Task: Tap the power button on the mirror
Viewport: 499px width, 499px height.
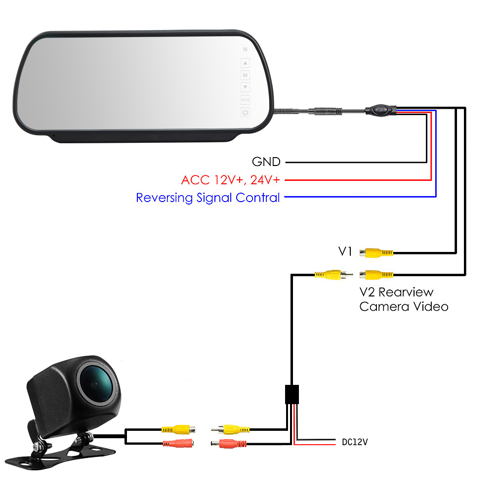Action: (245, 112)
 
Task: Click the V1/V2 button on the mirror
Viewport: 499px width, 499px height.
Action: (245, 100)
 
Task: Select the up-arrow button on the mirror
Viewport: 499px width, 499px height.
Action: (245, 63)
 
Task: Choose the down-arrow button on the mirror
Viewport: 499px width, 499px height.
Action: (245, 87)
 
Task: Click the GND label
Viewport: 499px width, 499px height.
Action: (266, 162)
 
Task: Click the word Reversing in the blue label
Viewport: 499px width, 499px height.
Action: (164, 198)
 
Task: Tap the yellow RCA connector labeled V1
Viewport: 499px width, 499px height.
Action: (376, 253)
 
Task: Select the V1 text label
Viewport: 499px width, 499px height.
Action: (345, 252)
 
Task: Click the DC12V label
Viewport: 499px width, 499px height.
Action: (355, 442)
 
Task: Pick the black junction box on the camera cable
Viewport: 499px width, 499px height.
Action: (292, 395)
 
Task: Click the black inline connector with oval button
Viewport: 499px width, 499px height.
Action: (380, 110)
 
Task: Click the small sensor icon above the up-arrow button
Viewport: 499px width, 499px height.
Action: (245, 50)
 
